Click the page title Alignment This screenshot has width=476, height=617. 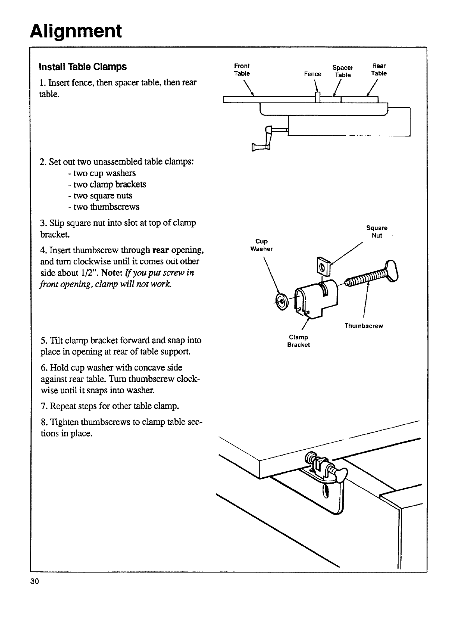click(76, 31)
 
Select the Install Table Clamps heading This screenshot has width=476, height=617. click(83, 67)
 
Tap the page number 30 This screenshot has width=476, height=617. click(35, 582)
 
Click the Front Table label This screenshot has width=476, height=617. click(242, 69)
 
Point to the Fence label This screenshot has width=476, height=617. click(312, 74)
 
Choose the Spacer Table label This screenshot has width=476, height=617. click(343, 71)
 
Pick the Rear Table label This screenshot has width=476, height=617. click(379, 69)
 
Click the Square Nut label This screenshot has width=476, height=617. click(377, 232)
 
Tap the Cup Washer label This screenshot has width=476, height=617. click(261, 245)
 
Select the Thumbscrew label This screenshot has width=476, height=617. click(363, 326)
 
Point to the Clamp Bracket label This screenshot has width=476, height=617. click(298, 341)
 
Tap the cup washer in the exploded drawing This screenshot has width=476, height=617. click(280, 300)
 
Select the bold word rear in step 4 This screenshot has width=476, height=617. click(160, 250)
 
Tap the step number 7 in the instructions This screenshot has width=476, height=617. click(43, 406)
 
